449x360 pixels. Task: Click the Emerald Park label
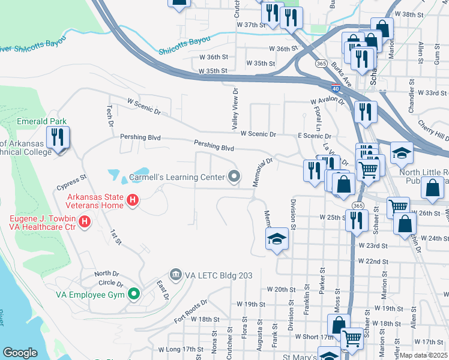[x=41, y=121]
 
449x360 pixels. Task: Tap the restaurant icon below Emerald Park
[x=58, y=137]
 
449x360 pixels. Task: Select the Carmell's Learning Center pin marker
[x=235, y=176]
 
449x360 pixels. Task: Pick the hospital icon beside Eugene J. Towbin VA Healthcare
[x=85, y=222]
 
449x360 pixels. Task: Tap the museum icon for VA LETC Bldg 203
[x=176, y=275]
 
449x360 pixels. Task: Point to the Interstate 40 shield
[x=334, y=89]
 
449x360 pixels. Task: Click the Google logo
[x=20, y=353]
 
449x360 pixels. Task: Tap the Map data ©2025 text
[x=423, y=355]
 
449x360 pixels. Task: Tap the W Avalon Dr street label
[x=327, y=101]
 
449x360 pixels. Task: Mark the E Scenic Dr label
[x=315, y=136]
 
